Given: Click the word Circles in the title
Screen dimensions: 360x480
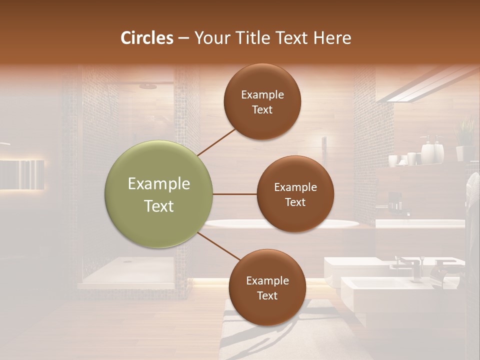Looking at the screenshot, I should tap(147, 38).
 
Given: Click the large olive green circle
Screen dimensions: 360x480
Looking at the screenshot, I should tap(158, 194).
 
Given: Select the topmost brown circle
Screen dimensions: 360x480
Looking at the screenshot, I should tap(262, 101).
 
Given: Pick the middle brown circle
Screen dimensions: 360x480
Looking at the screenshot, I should tap(295, 194).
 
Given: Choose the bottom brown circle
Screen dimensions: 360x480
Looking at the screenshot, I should tap(267, 287).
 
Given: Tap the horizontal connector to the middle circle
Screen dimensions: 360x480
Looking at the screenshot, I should tap(234, 194).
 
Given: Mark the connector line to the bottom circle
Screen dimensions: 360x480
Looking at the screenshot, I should tap(218, 246).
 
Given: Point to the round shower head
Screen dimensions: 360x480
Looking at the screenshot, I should tap(148, 86).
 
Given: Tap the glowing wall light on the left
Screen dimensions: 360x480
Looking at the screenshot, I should tap(22, 174).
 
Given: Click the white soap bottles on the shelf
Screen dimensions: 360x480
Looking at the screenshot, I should tap(432, 150).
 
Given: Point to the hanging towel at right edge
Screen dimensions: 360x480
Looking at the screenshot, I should tap(472, 200).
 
